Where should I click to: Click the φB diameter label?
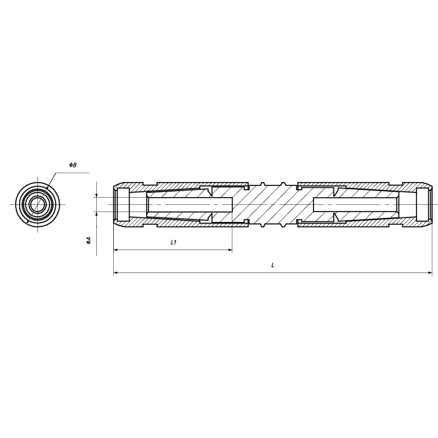coord(73,165)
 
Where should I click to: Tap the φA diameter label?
coord(89,240)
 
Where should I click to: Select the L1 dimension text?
coord(173,242)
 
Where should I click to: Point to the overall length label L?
coord(273,265)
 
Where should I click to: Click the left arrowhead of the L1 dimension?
coord(116,250)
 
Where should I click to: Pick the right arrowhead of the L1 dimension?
coord(230,250)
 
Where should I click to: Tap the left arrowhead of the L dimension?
coord(116,272)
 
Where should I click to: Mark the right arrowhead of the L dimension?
coord(430,272)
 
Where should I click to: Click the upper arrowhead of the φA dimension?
coord(97,195)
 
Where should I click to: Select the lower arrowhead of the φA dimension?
coord(97,213)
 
